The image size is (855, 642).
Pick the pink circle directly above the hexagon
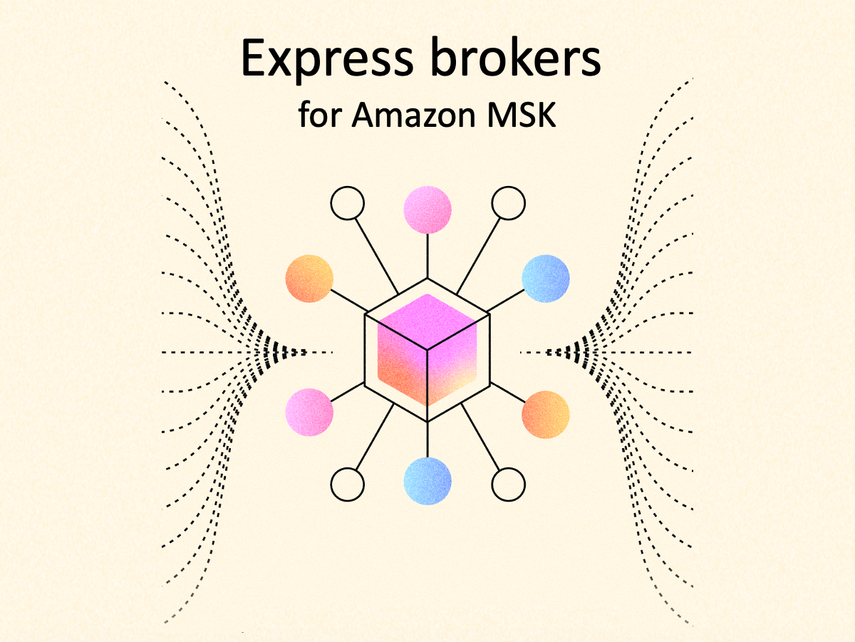click(427, 209)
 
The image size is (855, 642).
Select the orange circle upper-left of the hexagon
click(309, 279)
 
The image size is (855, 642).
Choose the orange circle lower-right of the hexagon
click(546, 415)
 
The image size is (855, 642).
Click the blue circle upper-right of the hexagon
click(546, 279)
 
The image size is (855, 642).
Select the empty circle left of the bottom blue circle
click(347, 485)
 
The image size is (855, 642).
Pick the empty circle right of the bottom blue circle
click(508, 485)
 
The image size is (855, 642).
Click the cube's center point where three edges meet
click(427, 350)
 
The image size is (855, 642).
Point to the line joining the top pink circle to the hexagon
click(427, 255)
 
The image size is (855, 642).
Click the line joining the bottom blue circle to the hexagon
click(427, 440)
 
